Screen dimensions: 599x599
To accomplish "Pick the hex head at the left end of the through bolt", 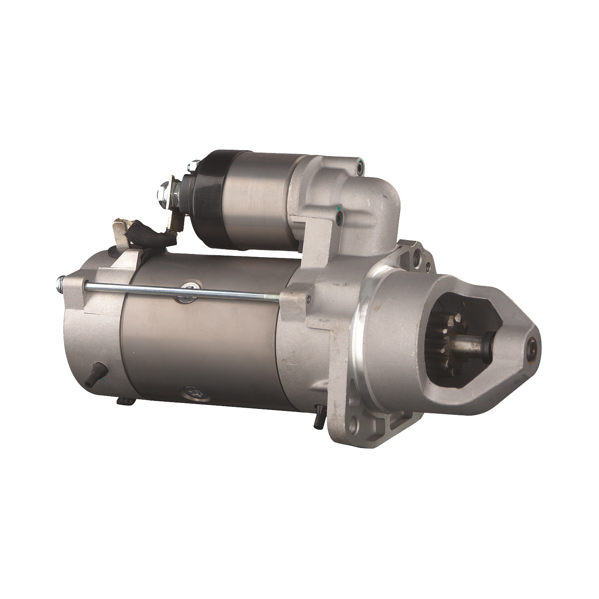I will pyautogui.click(x=61, y=280).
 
